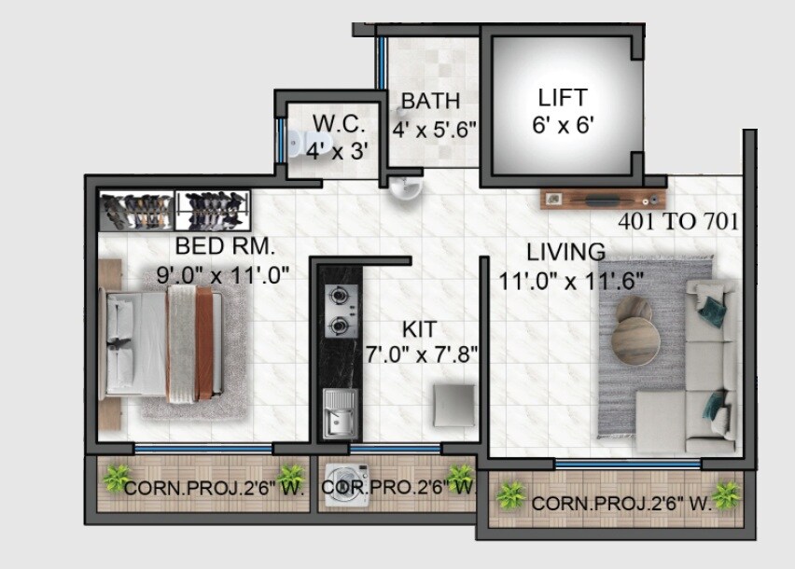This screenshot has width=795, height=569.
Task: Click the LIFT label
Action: tap(563, 97)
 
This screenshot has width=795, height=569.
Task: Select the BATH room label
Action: tap(429, 101)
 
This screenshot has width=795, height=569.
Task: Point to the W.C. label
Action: tap(332, 123)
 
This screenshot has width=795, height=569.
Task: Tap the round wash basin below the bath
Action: tap(406, 189)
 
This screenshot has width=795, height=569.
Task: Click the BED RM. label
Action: tap(225, 246)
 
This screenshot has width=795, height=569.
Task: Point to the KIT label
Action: tap(419, 329)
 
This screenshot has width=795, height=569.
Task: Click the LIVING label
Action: tap(565, 252)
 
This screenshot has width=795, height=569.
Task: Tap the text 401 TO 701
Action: tap(678, 222)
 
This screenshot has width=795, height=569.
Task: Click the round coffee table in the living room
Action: tap(635, 340)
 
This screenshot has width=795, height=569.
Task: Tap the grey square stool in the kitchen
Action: tap(455, 404)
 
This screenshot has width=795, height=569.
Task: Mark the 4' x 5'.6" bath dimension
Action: tap(435, 130)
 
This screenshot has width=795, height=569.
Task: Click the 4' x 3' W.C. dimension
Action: tap(333, 146)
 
